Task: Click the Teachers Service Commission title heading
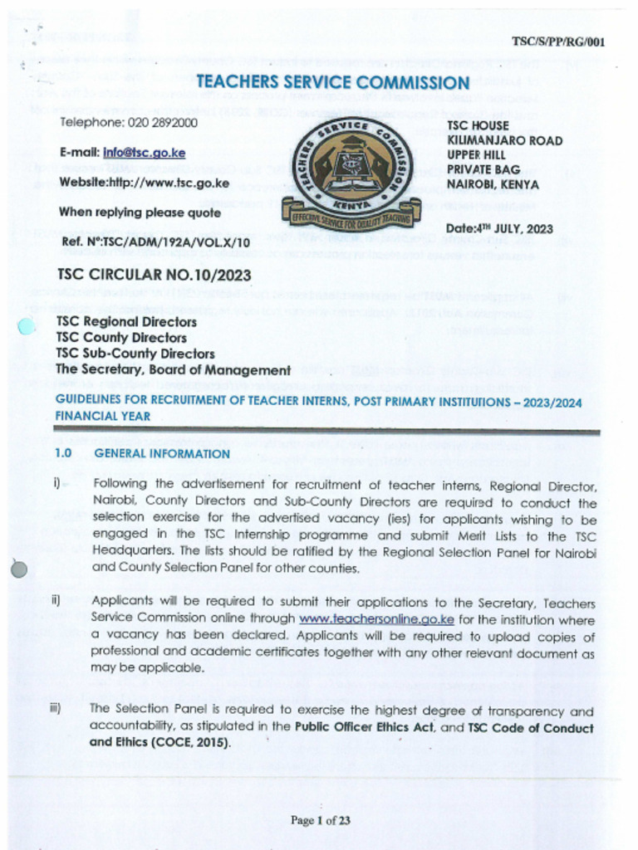[332, 82]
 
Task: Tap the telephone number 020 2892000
[162, 122]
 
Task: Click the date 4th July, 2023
[499, 229]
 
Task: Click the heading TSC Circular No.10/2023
[154, 275]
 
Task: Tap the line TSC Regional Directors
[126, 322]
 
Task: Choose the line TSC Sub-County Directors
[135, 354]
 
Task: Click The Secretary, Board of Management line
[173, 370]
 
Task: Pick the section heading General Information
[162, 454]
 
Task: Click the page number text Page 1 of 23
[320, 821]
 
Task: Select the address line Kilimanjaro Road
[504, 140]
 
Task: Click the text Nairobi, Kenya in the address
[493, 184]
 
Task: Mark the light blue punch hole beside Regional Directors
[27, 327]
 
